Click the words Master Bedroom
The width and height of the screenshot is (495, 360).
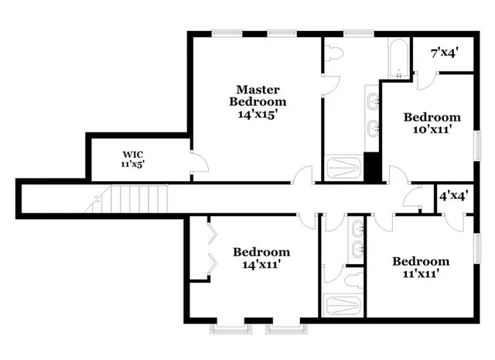258,95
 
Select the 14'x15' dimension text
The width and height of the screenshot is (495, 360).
258,113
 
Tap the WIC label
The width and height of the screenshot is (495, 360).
132,154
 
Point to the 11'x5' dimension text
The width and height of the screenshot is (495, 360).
132,164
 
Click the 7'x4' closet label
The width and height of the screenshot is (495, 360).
445,52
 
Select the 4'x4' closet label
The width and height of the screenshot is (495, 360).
454,196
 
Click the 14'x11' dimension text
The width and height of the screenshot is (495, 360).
261,264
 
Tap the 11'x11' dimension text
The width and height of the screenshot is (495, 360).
420,273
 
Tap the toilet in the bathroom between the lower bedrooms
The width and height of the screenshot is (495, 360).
352,279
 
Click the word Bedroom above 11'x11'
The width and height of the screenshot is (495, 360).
420,262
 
